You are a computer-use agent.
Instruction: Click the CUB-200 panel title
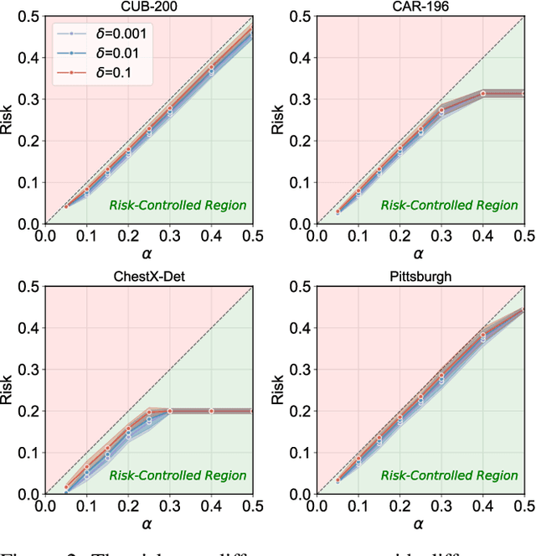tap(148, 7)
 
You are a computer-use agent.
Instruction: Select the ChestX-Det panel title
tap(148, 278)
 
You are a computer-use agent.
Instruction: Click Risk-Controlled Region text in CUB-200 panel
tap(178, 205)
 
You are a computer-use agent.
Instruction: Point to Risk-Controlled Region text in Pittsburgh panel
tap(450, 475)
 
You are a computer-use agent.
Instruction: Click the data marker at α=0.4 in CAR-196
tap(482, 93)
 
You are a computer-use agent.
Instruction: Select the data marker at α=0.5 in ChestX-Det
tap(252, 411)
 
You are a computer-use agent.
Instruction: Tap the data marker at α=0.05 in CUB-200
tap(66, 206)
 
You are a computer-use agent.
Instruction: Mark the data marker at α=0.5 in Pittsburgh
tap(523, 310)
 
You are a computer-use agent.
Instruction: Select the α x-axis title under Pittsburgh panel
tap(420, 525)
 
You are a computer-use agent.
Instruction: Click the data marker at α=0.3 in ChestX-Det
tap(169, 411)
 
